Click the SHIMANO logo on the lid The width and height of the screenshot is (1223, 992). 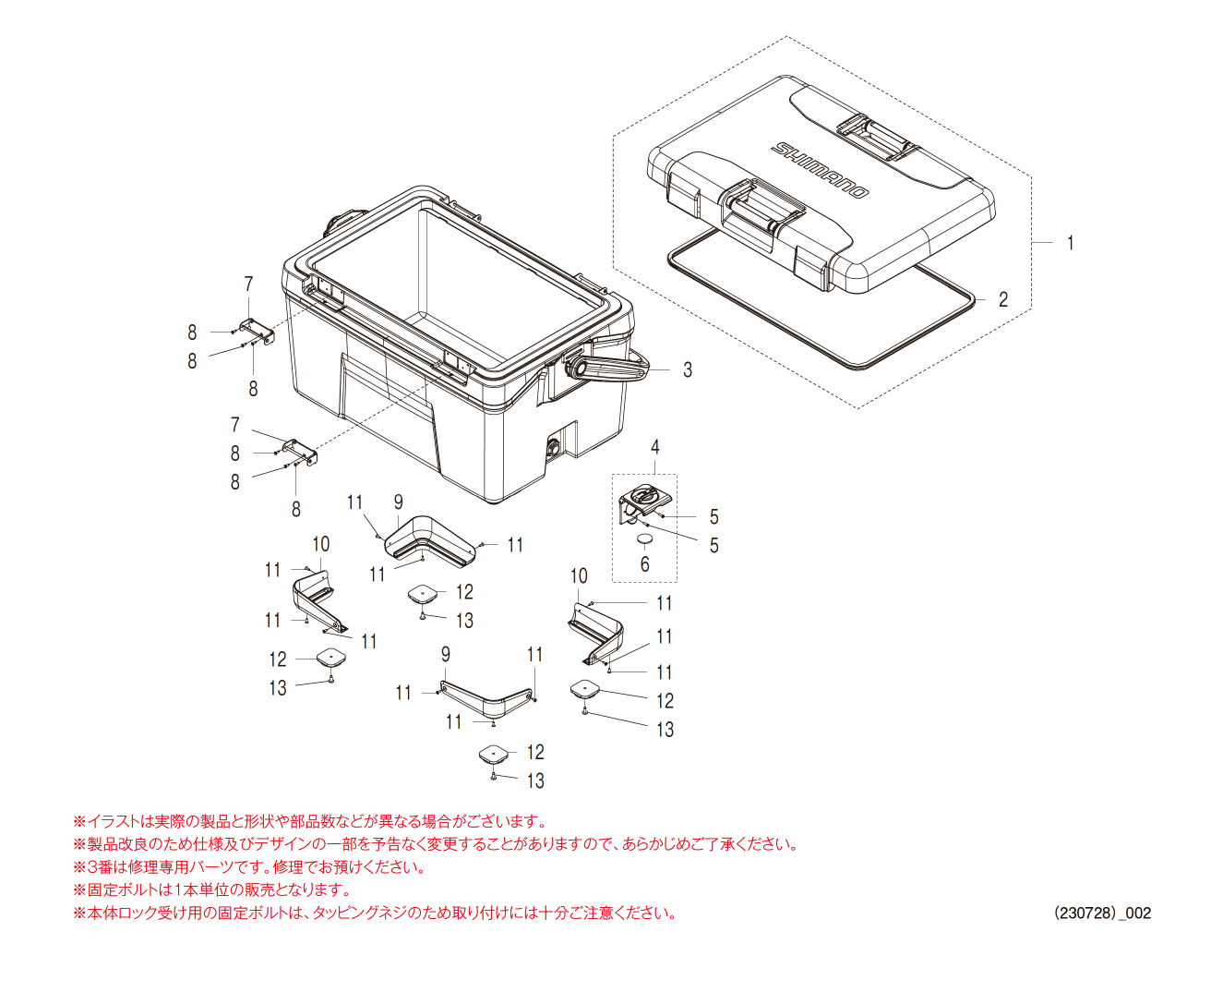tap(821, 169)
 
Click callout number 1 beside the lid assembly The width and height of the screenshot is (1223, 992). tap(1070, 243)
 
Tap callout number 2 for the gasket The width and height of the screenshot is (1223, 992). tap(1003, 299)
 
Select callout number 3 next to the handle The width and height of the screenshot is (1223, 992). tap(688, 369)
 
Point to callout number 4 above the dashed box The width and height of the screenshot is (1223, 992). tap(655, 447)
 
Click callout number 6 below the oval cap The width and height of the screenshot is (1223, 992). tap(645, 563)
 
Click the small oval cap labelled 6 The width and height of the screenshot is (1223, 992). tap(645, 538)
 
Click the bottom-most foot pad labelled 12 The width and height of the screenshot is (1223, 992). tap(494, 754)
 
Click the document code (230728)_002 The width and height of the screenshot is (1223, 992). tap(1102, 913)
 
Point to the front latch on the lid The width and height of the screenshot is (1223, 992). tap(762, 212)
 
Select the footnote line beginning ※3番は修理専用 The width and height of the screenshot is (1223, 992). tap(249, 866)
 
